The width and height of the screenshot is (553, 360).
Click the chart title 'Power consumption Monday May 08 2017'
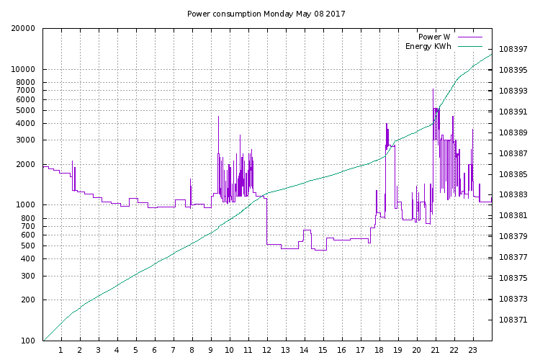point(266,14)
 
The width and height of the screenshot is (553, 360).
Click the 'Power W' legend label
point(435,37)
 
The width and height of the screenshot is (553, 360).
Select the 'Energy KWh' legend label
point(428,47)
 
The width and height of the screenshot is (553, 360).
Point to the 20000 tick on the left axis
point(23,29)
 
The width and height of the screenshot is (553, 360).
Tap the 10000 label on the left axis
point(23,70)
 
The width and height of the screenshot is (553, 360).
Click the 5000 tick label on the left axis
point(25,111)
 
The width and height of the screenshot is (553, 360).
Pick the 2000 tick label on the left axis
point(25,164)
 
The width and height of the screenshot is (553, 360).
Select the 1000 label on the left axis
point(25,205)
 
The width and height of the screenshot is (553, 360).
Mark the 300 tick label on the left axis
point(27,276)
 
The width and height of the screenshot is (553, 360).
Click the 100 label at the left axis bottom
point(27,341)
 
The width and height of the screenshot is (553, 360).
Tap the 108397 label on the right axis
point(513,50)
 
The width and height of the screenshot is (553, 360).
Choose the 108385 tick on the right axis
point(513,174)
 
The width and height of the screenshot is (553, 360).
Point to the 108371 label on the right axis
point(513,320)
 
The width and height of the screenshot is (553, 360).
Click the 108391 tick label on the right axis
point(513,112)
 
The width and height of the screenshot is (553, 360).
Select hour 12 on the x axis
point(267,351)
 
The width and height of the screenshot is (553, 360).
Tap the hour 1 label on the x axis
point(61,351)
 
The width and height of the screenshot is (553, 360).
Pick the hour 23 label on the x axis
point(473,351)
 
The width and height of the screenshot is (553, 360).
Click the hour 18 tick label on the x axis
point(379,351)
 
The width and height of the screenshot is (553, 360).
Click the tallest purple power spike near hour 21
point(433,89)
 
